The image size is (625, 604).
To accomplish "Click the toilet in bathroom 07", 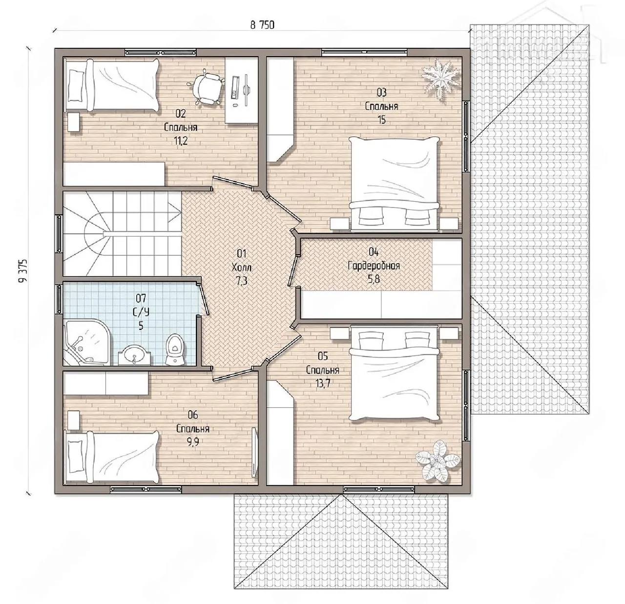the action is click(175, 349).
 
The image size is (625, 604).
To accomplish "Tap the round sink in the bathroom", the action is click(134, 356).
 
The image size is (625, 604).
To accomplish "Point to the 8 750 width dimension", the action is click(262, 25).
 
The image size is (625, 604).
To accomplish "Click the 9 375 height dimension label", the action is click(23, 271).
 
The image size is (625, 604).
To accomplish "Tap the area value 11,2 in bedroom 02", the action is click(181, 141).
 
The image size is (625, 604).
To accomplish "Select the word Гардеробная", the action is click(374, 266).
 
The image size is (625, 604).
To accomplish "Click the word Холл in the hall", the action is click(242, 267).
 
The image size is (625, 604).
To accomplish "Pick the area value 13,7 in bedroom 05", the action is click(323, 383).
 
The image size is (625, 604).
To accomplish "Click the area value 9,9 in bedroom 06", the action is click(192, 442).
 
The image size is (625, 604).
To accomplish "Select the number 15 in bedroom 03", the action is click(381, 120).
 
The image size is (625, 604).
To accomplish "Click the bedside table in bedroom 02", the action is click(73, 122).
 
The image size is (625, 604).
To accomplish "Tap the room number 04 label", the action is click(374, 252).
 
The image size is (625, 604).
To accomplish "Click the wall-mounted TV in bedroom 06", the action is click(255, 453).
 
